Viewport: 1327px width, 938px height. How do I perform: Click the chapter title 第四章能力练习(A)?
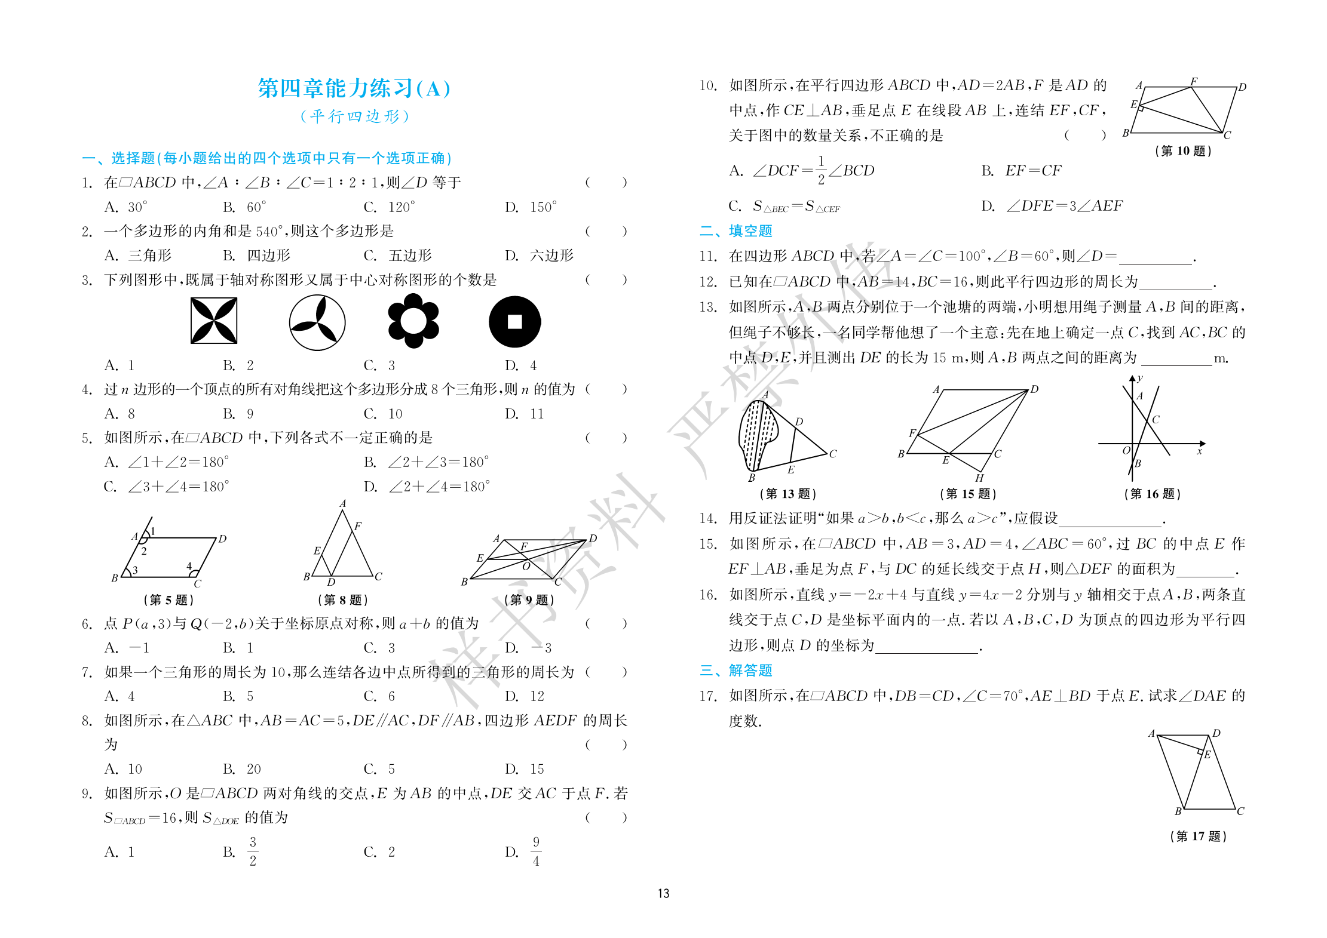[354, 88]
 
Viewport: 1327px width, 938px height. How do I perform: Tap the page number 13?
[663, 893]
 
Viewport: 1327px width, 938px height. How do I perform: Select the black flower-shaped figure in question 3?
[413, 321]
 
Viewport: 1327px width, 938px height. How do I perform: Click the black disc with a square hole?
[514, 322]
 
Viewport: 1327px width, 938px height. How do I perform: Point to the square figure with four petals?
[214, 321]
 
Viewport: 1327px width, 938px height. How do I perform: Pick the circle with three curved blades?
[317, 322]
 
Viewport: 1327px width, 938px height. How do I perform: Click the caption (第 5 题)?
[168, 599]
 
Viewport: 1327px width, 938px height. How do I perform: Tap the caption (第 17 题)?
[1198, 836]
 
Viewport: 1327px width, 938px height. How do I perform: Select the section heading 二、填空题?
[736, 231]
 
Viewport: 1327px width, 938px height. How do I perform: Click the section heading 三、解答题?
[736, 671]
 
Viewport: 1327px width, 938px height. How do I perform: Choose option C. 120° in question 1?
[389, 207]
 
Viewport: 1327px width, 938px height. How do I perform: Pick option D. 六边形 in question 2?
[539, 256]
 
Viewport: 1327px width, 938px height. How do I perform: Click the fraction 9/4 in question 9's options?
[536, 851]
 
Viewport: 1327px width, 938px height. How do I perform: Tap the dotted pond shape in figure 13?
[757, 433]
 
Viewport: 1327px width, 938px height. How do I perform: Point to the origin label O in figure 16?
[1126, 451]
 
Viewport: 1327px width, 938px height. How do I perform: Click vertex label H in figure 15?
[979, 478]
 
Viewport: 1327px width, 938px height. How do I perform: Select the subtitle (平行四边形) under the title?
[355, 116]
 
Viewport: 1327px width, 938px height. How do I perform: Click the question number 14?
[708, 518]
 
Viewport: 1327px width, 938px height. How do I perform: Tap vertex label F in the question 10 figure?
[1193, 81]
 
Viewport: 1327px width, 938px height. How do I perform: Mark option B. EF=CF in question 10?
[1021, 171]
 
